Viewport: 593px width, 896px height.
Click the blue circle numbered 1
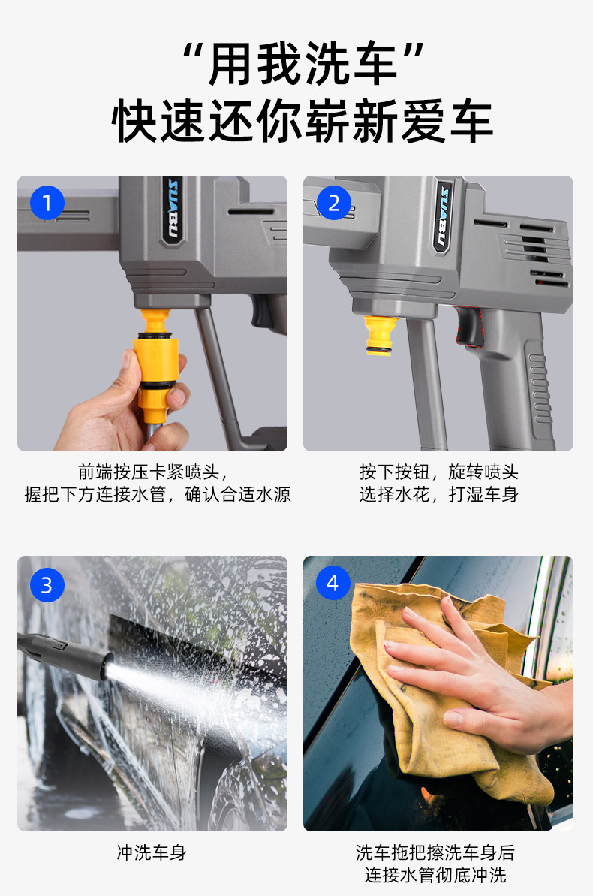(x=47, y=202)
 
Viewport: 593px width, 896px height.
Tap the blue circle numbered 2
(x=333, y=202)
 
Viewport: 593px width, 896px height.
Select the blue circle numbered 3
(x=47, y=584)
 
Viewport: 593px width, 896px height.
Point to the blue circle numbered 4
(x=333, y=583)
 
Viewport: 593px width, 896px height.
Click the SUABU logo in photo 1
(x=172, y=210)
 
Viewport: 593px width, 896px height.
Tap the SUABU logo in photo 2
(x=443, y=216)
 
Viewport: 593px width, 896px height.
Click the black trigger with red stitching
(x=469, y=326)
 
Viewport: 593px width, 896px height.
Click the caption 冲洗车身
(x=152, y=852)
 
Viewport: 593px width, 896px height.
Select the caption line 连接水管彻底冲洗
(x=435, y=875)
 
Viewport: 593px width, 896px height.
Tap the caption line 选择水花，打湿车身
(x=439, y=494)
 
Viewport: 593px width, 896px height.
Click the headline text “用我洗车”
(x=303, y=63)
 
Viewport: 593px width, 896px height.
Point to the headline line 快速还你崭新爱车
(x=303, y=121)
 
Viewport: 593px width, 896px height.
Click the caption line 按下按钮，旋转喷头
(x=439, y=472)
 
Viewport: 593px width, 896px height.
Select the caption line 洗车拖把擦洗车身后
(x=435, y=852)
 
